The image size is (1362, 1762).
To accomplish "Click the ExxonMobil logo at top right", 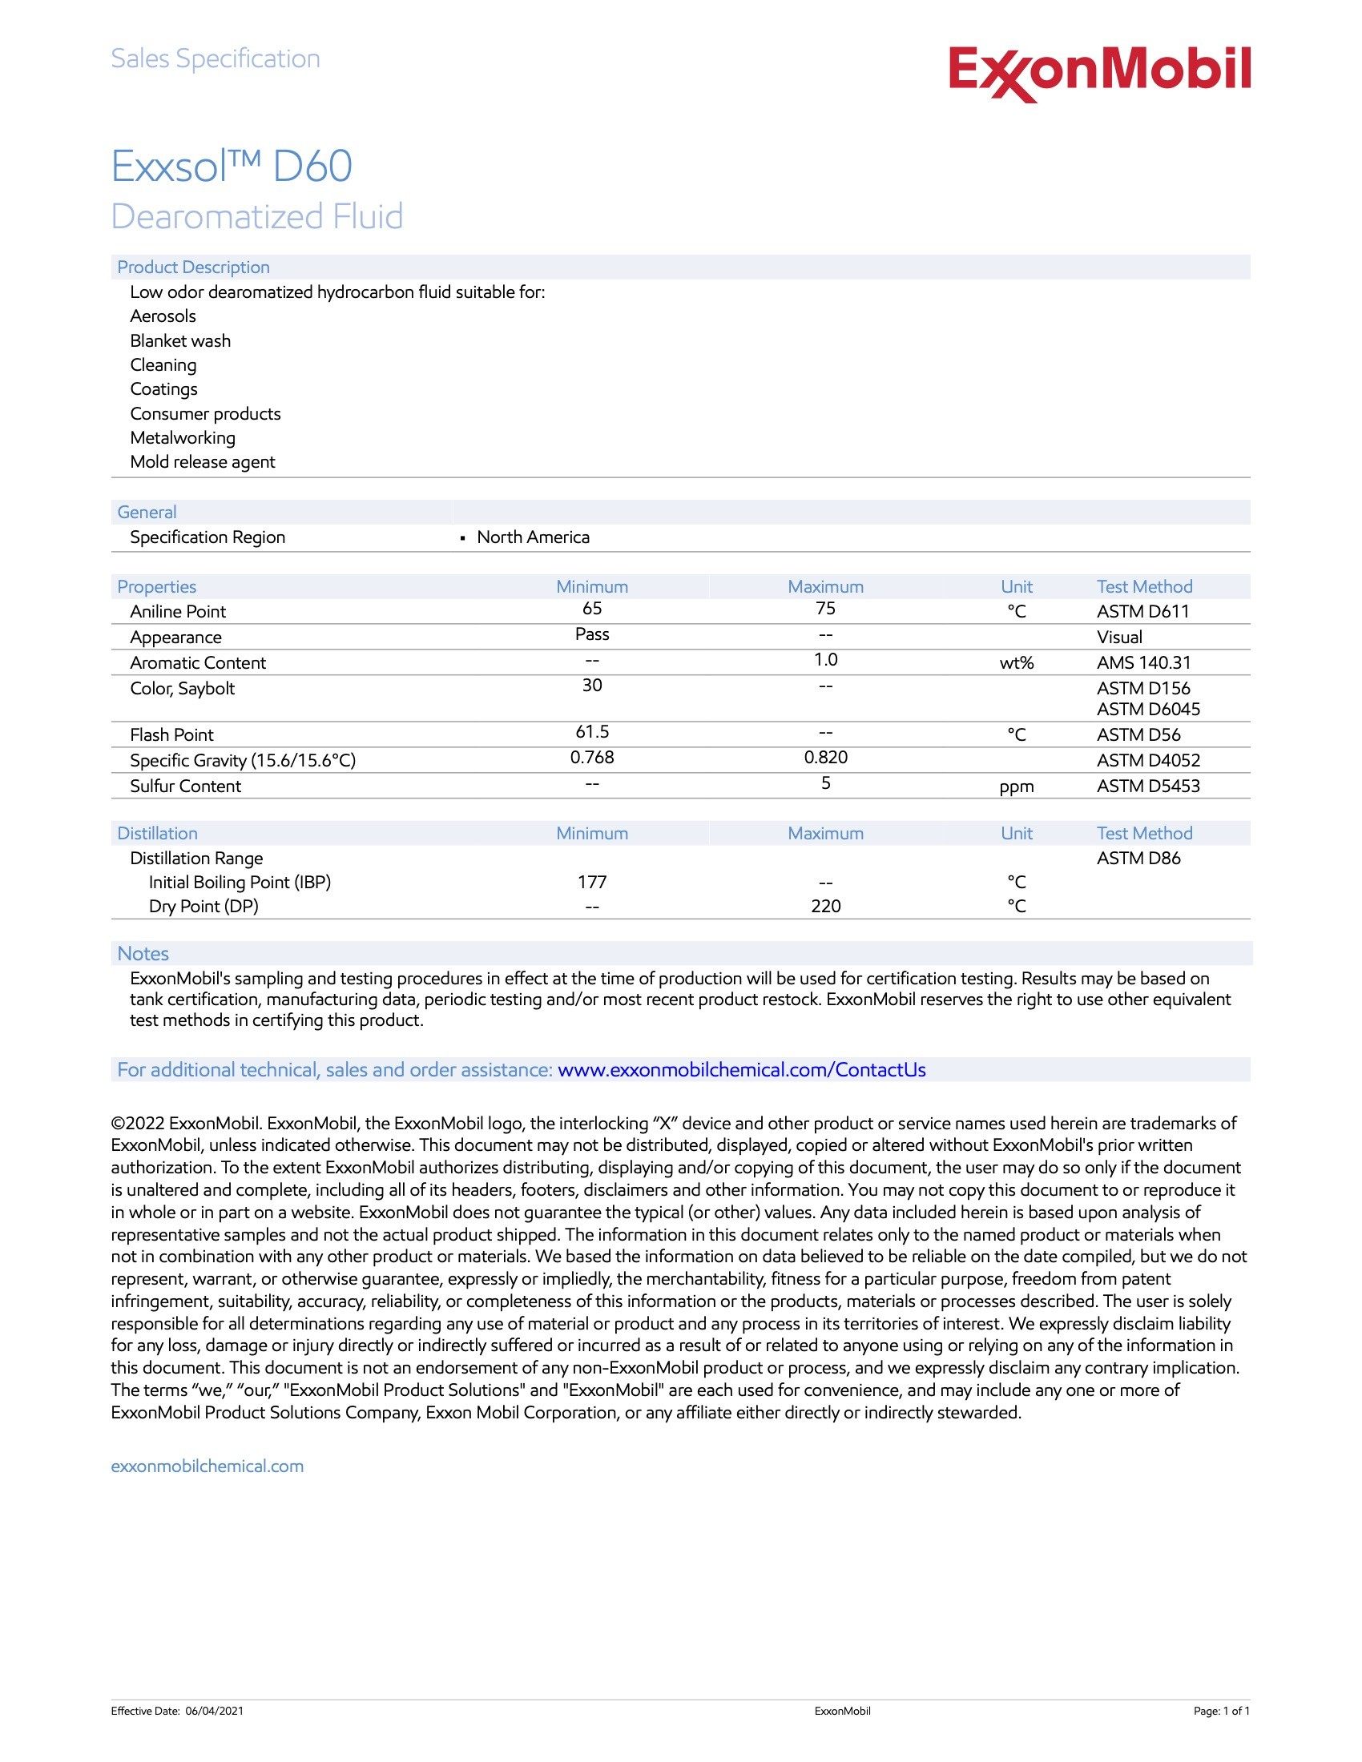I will (x=1099, y=73).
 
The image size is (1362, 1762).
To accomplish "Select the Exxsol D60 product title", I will (x=232, y=167).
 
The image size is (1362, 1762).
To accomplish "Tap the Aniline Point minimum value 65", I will (x=591, y=609).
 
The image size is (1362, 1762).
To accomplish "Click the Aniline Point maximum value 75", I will (x=825, y=609).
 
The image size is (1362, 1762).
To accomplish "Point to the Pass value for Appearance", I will (x=591, y=635).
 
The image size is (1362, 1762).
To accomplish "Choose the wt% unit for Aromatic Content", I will (x=1016, y=663).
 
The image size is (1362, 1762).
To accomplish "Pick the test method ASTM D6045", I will (x=1147, y=709).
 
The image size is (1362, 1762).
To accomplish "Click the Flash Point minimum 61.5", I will (x=591, y=733).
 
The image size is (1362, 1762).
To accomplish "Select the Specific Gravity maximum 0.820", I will (x=825, y=758).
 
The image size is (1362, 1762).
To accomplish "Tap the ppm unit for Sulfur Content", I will (x=1016, y=786).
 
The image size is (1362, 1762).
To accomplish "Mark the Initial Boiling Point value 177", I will (x=591, y=883).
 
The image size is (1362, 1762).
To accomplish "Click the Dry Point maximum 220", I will (x=825, y=907).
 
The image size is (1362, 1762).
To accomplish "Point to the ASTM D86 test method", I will (x=1138, y=859).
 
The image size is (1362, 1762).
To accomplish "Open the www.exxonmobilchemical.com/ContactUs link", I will (x=741, y=1070).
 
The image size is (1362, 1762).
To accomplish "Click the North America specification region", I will (x=533, y=537).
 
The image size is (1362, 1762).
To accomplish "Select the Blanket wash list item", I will (x=180, y=341).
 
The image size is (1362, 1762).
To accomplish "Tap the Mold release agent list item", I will (x=203, y=462).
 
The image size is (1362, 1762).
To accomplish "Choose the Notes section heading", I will (x=143, y=954).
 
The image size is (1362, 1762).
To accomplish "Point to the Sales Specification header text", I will (x=216, y=59).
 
